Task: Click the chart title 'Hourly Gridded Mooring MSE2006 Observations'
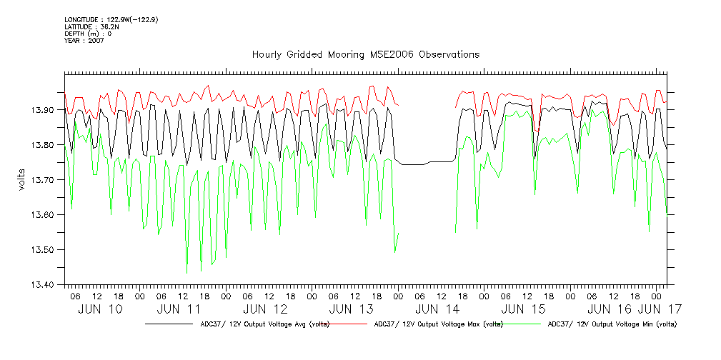pos(365,55)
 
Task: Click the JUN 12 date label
pos(265,309)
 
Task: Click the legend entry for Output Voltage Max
pos(438,324)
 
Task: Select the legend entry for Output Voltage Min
pos(611,324)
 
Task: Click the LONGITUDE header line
pos(111,19)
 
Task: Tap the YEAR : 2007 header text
pos(84,41)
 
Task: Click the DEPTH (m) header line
pos(88,34)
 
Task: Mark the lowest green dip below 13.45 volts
pos(187,272)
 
